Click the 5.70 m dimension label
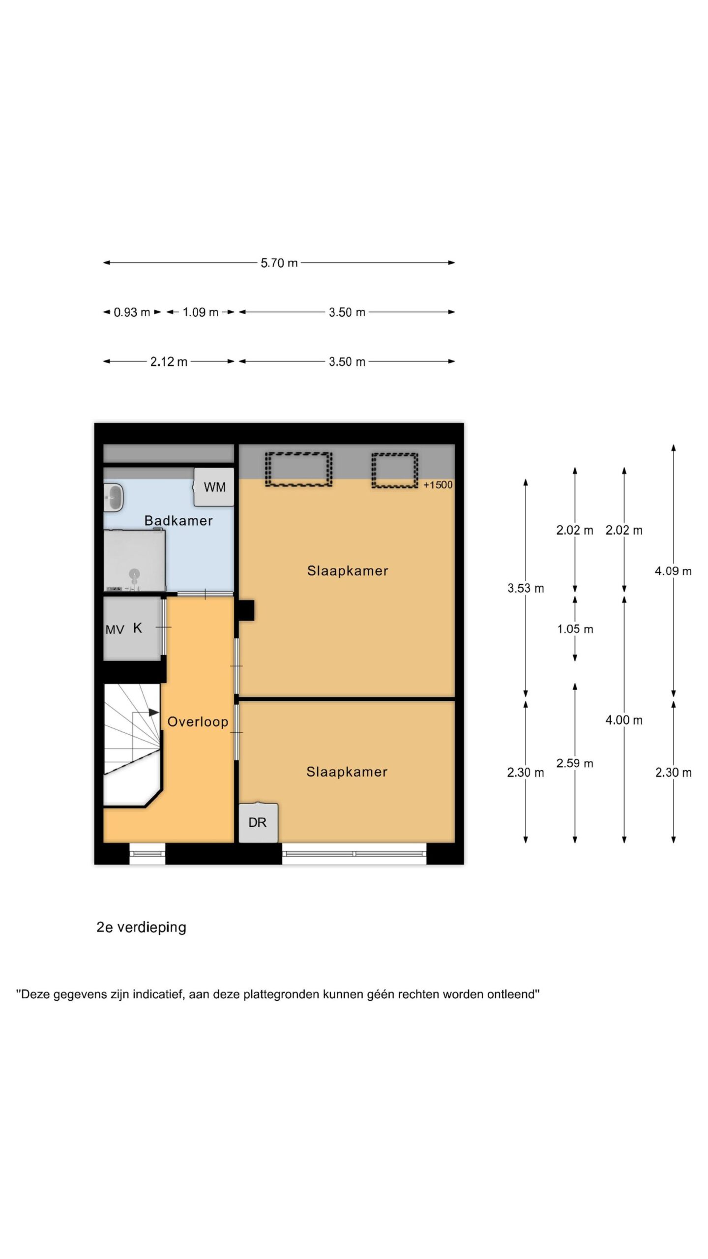pos(279,263)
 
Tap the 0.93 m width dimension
pos(132,312)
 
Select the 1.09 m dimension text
pos(200,312)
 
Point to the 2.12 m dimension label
pos(169,362)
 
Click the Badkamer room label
pos(178,521)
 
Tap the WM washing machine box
pos(214,487)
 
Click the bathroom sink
pos(114,497)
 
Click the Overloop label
pos(198,722)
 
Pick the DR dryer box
pos(258,823)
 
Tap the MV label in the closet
pos(115,629)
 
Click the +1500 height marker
pos(438,485)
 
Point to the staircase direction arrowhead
pos(154,712)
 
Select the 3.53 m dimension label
pos(526,588)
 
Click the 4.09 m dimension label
pos(673,571)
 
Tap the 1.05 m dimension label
pos(575,629)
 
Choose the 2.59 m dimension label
pos(575,763)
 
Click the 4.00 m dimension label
pos(624,720)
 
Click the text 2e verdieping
pos(142,928)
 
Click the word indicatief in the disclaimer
pos(158,994)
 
